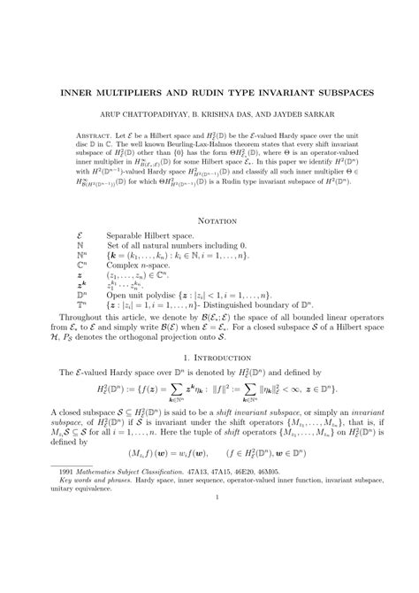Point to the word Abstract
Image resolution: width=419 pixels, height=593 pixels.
coord(94,137)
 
